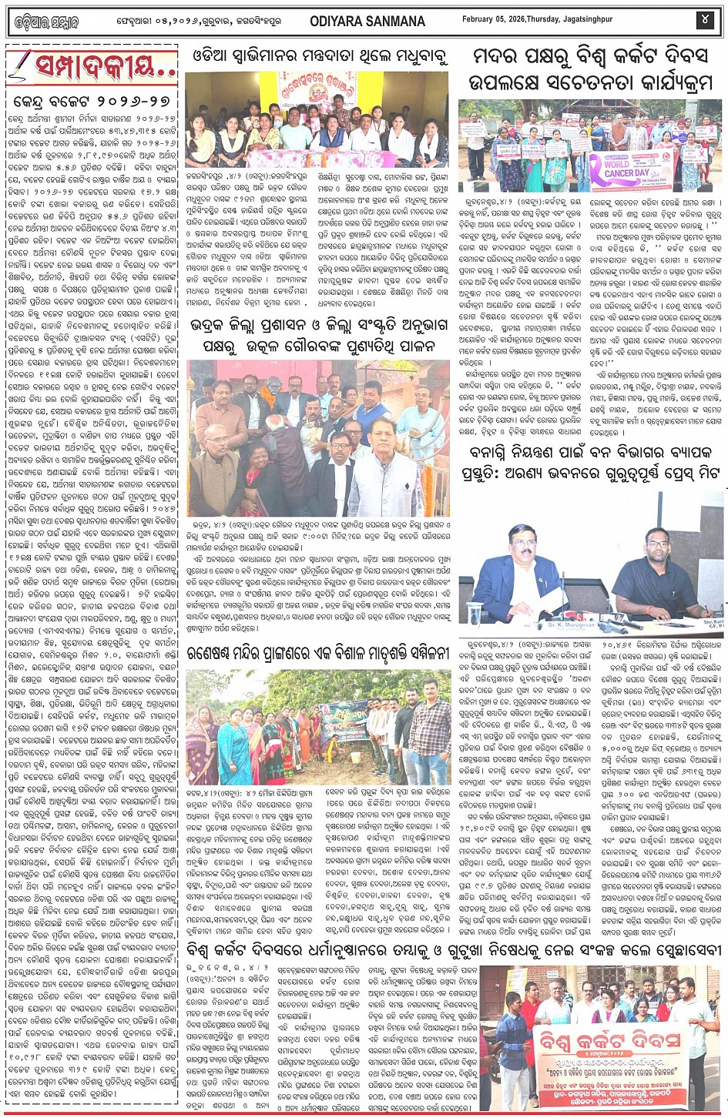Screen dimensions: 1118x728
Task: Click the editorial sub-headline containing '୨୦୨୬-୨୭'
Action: point(92,103)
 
